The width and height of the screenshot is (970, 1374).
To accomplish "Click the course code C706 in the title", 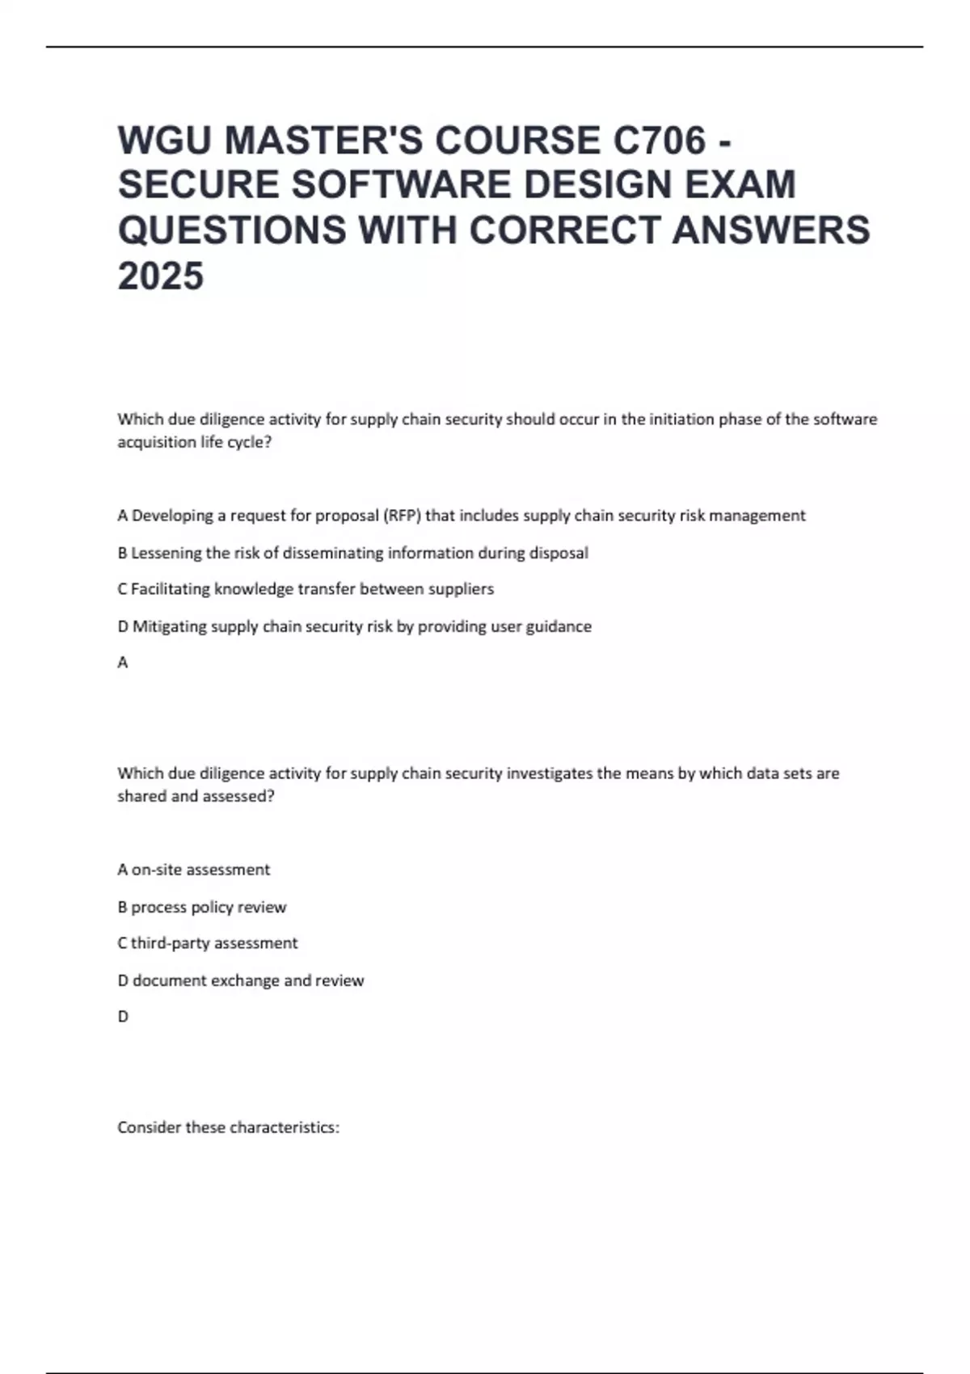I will [x=660, y=141].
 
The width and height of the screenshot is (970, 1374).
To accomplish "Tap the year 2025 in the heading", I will [x=161, y=276].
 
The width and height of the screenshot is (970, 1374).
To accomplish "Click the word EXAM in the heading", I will [x=740, y=185].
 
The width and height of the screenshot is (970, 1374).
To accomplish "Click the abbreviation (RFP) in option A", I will [x=402, y=516].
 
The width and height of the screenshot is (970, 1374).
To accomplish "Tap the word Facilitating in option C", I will [x=168, y=589].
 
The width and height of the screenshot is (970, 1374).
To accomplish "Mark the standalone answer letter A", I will [x=123, y=663].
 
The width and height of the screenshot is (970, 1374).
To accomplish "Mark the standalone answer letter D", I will [x=123, y=1017].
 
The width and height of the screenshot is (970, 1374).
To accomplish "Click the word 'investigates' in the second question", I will [x=549, y=773].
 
